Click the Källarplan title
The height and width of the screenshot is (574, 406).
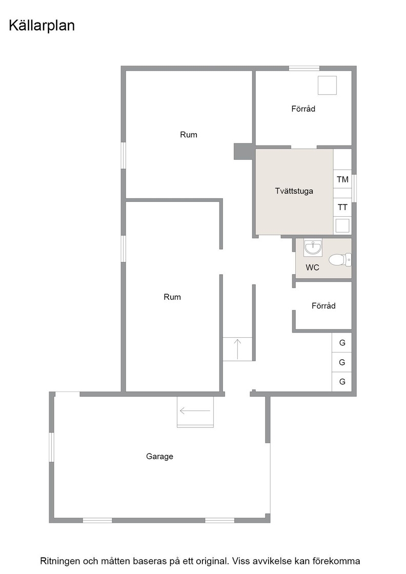point(42,26)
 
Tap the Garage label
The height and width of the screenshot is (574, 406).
point(159,457)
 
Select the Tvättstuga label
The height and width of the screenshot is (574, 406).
point(294,191)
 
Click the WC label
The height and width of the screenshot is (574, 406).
point(312,268)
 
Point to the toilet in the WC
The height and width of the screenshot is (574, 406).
point(340,260)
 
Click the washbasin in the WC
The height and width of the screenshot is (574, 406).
point(313,248)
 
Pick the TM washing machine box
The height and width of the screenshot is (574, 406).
point(342,179)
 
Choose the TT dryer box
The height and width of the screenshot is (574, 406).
point(342,208)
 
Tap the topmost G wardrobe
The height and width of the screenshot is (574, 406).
point(342,343)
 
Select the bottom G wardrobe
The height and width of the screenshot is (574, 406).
point(342,382)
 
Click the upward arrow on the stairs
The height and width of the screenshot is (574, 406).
point(237,349)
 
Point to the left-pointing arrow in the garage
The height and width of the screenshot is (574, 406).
point(195,411)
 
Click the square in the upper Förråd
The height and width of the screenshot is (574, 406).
point(327,85)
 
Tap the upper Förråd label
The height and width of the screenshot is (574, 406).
point(303,109)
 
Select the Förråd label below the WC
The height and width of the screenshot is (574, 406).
point(323,305)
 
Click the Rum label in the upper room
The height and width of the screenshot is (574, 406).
point(189,135)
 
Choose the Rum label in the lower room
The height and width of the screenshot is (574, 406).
point(172,297)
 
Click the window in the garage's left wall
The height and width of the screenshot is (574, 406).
point(52,447)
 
